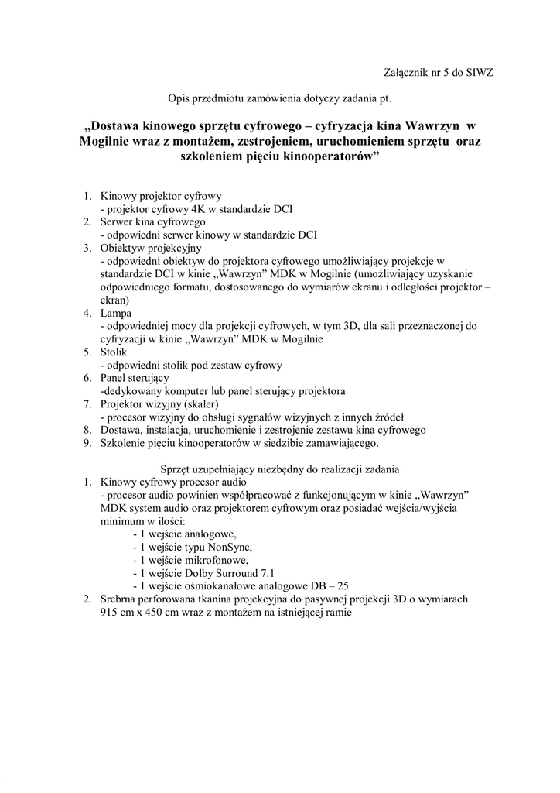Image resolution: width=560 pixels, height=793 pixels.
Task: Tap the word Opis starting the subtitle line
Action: pyautogui.click(x=180, y=98)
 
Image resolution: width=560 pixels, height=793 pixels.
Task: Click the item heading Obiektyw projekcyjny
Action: pyautogui.click(x=151, y=248)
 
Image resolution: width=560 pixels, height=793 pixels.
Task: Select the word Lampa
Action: pyautogui.click(x=116, y=313)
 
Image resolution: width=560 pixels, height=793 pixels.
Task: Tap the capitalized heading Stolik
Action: pyautogui.click(x=115, y=352)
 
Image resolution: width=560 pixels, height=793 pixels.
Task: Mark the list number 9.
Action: pyautogui.click(x=88, y=443)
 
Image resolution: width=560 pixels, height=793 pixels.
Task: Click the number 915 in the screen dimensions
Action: pyautogui.click(x=109, y=612)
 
